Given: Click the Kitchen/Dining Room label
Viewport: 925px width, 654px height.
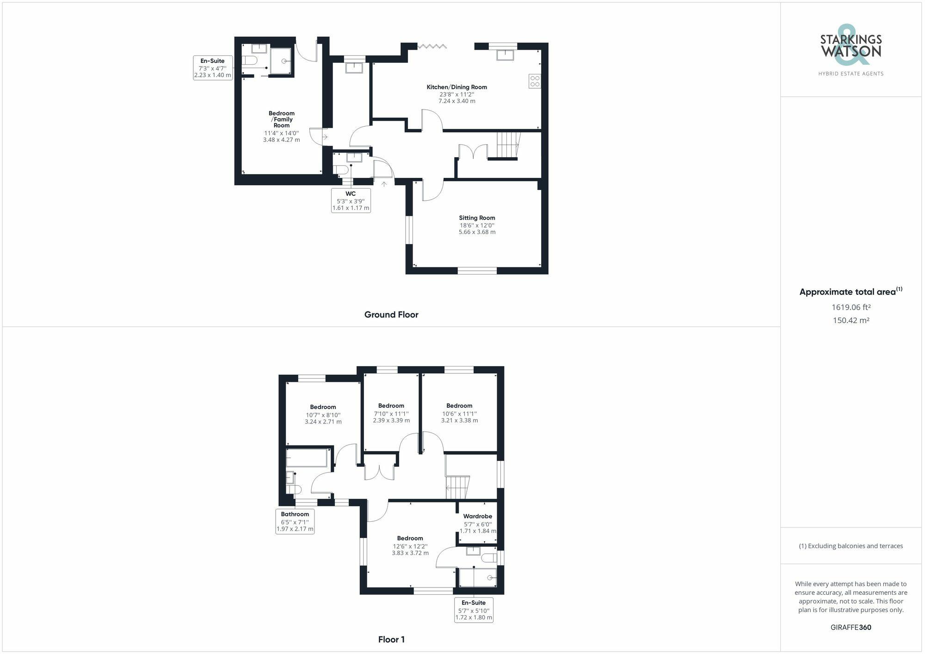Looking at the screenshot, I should pyautogui.click(x=456, y=87).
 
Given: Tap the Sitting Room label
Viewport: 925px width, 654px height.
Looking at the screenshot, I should pyautogui.click(x=477, y=218).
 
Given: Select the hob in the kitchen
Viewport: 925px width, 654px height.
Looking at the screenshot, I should pyautogui.click(x=535, y=81).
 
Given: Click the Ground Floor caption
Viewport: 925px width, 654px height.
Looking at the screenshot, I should pyautogui.click(x=391, y=315).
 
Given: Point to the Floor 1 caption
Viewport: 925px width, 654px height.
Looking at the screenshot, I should pyautogui.click(x=391, y=640).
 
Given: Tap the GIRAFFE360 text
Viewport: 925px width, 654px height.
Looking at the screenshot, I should pyautogui.click(x=851, y=627).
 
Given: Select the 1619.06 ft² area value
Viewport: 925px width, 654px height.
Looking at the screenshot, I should pyautogui.click(x=851, y=307).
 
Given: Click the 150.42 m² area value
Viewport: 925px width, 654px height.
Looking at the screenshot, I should pyautogui.click(x=851, y=320).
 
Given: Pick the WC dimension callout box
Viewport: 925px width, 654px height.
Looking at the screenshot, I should pyautogui.click(x=351, y=201).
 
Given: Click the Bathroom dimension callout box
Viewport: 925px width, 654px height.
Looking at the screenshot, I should pyautogui.click(x=295, y=521).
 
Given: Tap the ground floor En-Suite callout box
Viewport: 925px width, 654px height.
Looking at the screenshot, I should pyautogui.click(x=212, y=68).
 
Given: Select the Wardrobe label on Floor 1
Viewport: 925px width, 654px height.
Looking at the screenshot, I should pyautogui.click(x=477, y=516).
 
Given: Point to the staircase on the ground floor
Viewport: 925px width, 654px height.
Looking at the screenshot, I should pyautogui.click(x=508, y=145).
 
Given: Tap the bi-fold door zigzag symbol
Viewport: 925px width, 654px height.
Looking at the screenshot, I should pyautogui.click(x=432, y=46).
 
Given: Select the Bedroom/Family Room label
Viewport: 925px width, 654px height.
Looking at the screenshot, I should pyautogui.click(x=281, y=119).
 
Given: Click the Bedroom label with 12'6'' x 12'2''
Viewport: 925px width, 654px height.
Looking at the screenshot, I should pyautogui.click(x=410, y=538).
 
